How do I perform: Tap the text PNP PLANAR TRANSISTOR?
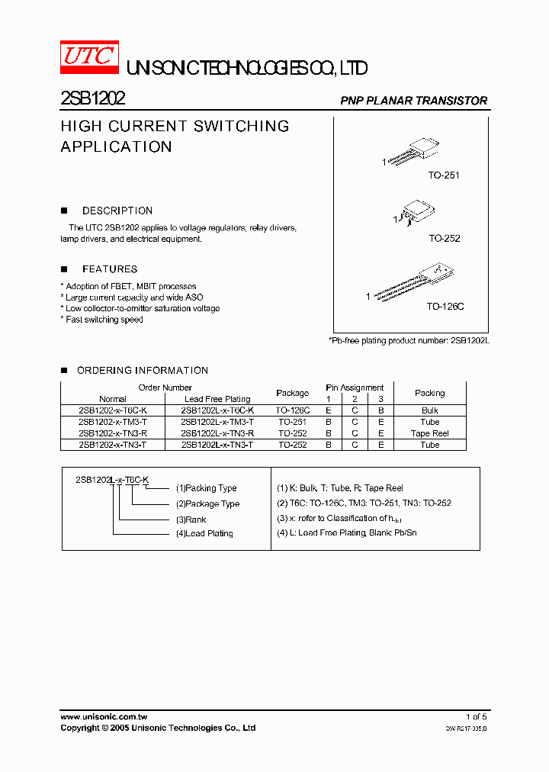tap(413, 101)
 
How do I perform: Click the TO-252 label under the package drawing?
tap(444, 239)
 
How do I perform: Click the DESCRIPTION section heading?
tap(117, 211)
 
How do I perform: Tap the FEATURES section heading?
tap(110, 269)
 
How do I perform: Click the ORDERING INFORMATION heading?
tap(143, 371)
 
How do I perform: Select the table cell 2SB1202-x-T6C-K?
tap(113, 410)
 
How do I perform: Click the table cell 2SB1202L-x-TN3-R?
tap(217, 433)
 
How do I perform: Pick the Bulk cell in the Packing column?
tap(430, 410)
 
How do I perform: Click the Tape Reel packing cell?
tap(430, 433)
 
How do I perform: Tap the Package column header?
tap(293, 393)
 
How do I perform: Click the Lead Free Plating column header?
tap(217, 399)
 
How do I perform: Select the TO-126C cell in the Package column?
tap(294, 410)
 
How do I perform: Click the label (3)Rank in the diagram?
tap(191, 519)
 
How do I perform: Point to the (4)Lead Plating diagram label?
tap(204, 534)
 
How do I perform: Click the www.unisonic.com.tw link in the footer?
tap(104, 717)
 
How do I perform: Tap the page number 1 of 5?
tap(476, 717)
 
